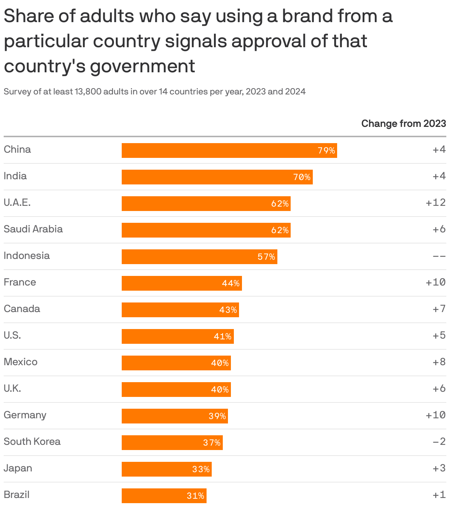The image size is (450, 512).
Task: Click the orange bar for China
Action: click(x=229, y=151)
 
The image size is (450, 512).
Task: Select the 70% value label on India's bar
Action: click(x=302, y=177)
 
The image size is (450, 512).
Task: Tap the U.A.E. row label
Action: click(x=17, y=203)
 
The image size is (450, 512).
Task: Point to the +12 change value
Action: click(x=436, y=203)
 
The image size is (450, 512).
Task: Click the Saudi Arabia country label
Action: click(x=33, y=229)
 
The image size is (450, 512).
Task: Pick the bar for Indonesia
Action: click(x=199, y=257)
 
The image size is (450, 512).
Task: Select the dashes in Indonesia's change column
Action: click(x=439, y=256)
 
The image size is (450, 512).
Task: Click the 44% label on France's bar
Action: click(x=231, y=283)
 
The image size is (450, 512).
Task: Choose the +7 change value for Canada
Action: click(x=439, y=309)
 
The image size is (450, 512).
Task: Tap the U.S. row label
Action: click(x=12, y=335)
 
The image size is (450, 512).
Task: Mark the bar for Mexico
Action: click(x=176, y=363)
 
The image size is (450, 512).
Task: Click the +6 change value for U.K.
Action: click(x=439, y=388)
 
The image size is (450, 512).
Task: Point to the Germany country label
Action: click(x=25, y=415)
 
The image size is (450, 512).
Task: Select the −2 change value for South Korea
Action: click(x=439, y=442)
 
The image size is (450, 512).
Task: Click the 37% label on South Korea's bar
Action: click(x=212, y=443)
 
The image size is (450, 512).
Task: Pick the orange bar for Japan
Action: click(x=166, y=469)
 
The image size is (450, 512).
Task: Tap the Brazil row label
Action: click(x=17, y=495)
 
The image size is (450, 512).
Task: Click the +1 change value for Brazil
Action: click(x=439, y=495)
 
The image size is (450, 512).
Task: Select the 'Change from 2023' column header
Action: click(x=404, y=123)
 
